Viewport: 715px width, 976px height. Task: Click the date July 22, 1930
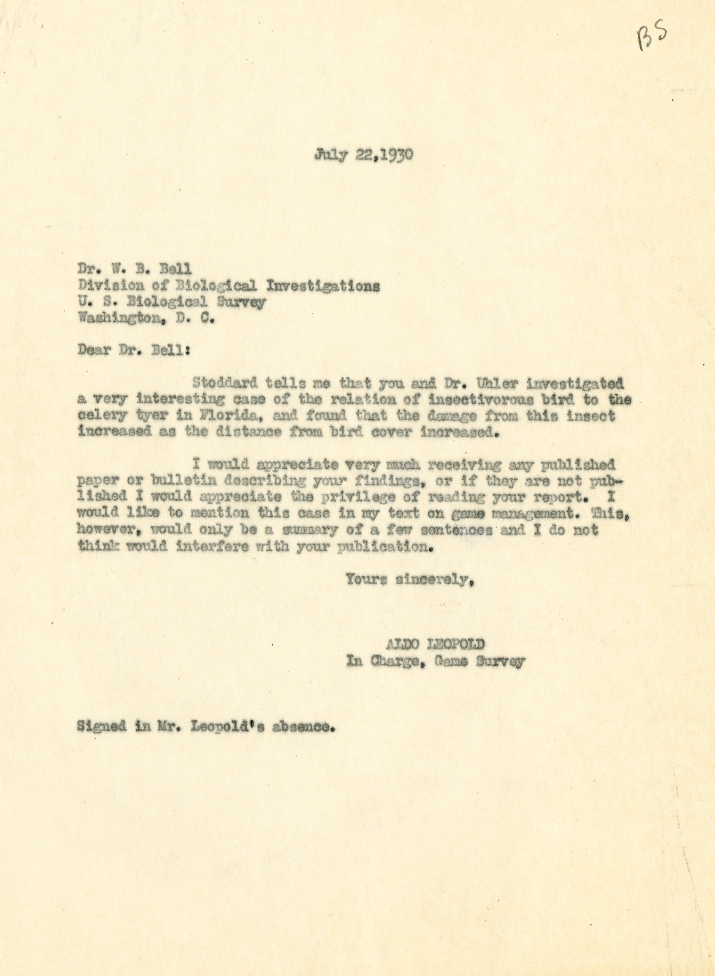pyautogui.click(x=364, y=154)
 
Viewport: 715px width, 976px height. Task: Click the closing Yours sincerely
pyautogui.click(x=407, y=580)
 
